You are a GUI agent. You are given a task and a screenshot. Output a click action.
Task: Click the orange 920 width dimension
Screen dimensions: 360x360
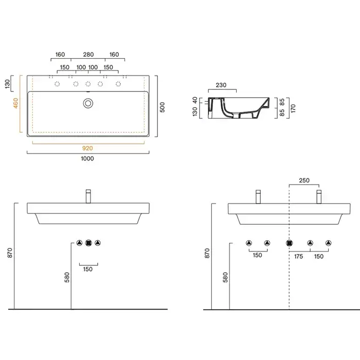tap(87, 148)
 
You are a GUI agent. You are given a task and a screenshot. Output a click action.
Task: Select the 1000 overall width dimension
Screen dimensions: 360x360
tap(87, 158)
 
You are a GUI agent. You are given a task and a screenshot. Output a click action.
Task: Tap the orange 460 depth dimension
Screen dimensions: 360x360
tap(15, 103)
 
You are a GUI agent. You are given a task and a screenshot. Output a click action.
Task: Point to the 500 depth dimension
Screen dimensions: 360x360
tap(163, 107)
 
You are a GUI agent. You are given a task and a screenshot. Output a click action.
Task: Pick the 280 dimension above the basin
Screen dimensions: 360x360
tap(88, 55)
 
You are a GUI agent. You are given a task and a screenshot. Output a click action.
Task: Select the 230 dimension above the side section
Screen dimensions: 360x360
tap(221, 85)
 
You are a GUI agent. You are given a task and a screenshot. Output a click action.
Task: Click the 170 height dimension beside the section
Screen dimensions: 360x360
tap(293, 109)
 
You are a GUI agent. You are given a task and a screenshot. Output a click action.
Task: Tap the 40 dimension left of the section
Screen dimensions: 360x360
tap(195, 100)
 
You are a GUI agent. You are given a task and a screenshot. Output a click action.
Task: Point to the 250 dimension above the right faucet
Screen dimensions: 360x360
tap(304, 181)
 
